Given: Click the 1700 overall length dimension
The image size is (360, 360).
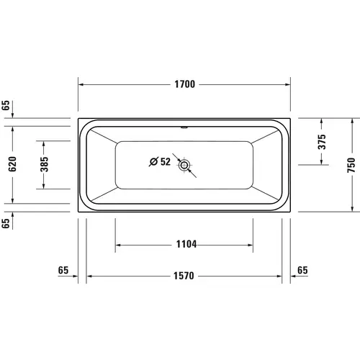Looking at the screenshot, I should coord(184,85).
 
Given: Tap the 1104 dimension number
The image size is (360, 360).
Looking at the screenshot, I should coord(184,244).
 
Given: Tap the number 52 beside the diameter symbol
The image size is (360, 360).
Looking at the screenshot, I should coord(165,162).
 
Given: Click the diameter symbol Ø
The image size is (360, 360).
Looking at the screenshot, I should coord(153,162).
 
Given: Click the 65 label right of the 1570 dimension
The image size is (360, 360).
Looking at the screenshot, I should coord(302,271).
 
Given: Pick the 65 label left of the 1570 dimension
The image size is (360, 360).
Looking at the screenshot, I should coord(63,271).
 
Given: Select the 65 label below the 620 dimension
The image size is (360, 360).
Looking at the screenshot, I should coord(6,224).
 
